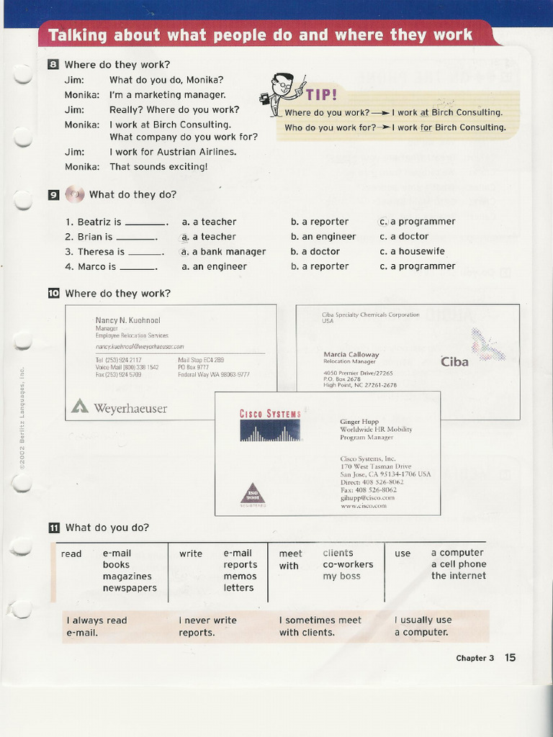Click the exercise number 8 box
coord(53,65)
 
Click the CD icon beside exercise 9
coord(74,194)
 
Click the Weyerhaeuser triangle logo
coord(80,407)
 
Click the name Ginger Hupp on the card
coord(359,422)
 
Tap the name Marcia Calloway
coord(351,354)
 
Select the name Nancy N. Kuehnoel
coord(128,320)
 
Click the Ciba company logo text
coord(454,361)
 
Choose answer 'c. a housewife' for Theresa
coord(413,251)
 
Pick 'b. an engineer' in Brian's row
coord(323,236)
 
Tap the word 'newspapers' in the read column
coord(130,588)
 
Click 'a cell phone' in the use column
coord(459,564)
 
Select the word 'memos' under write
coord(240,577)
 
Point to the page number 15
coord(510,657)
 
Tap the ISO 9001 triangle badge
coord(252,494)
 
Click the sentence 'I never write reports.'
coord(207,626)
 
